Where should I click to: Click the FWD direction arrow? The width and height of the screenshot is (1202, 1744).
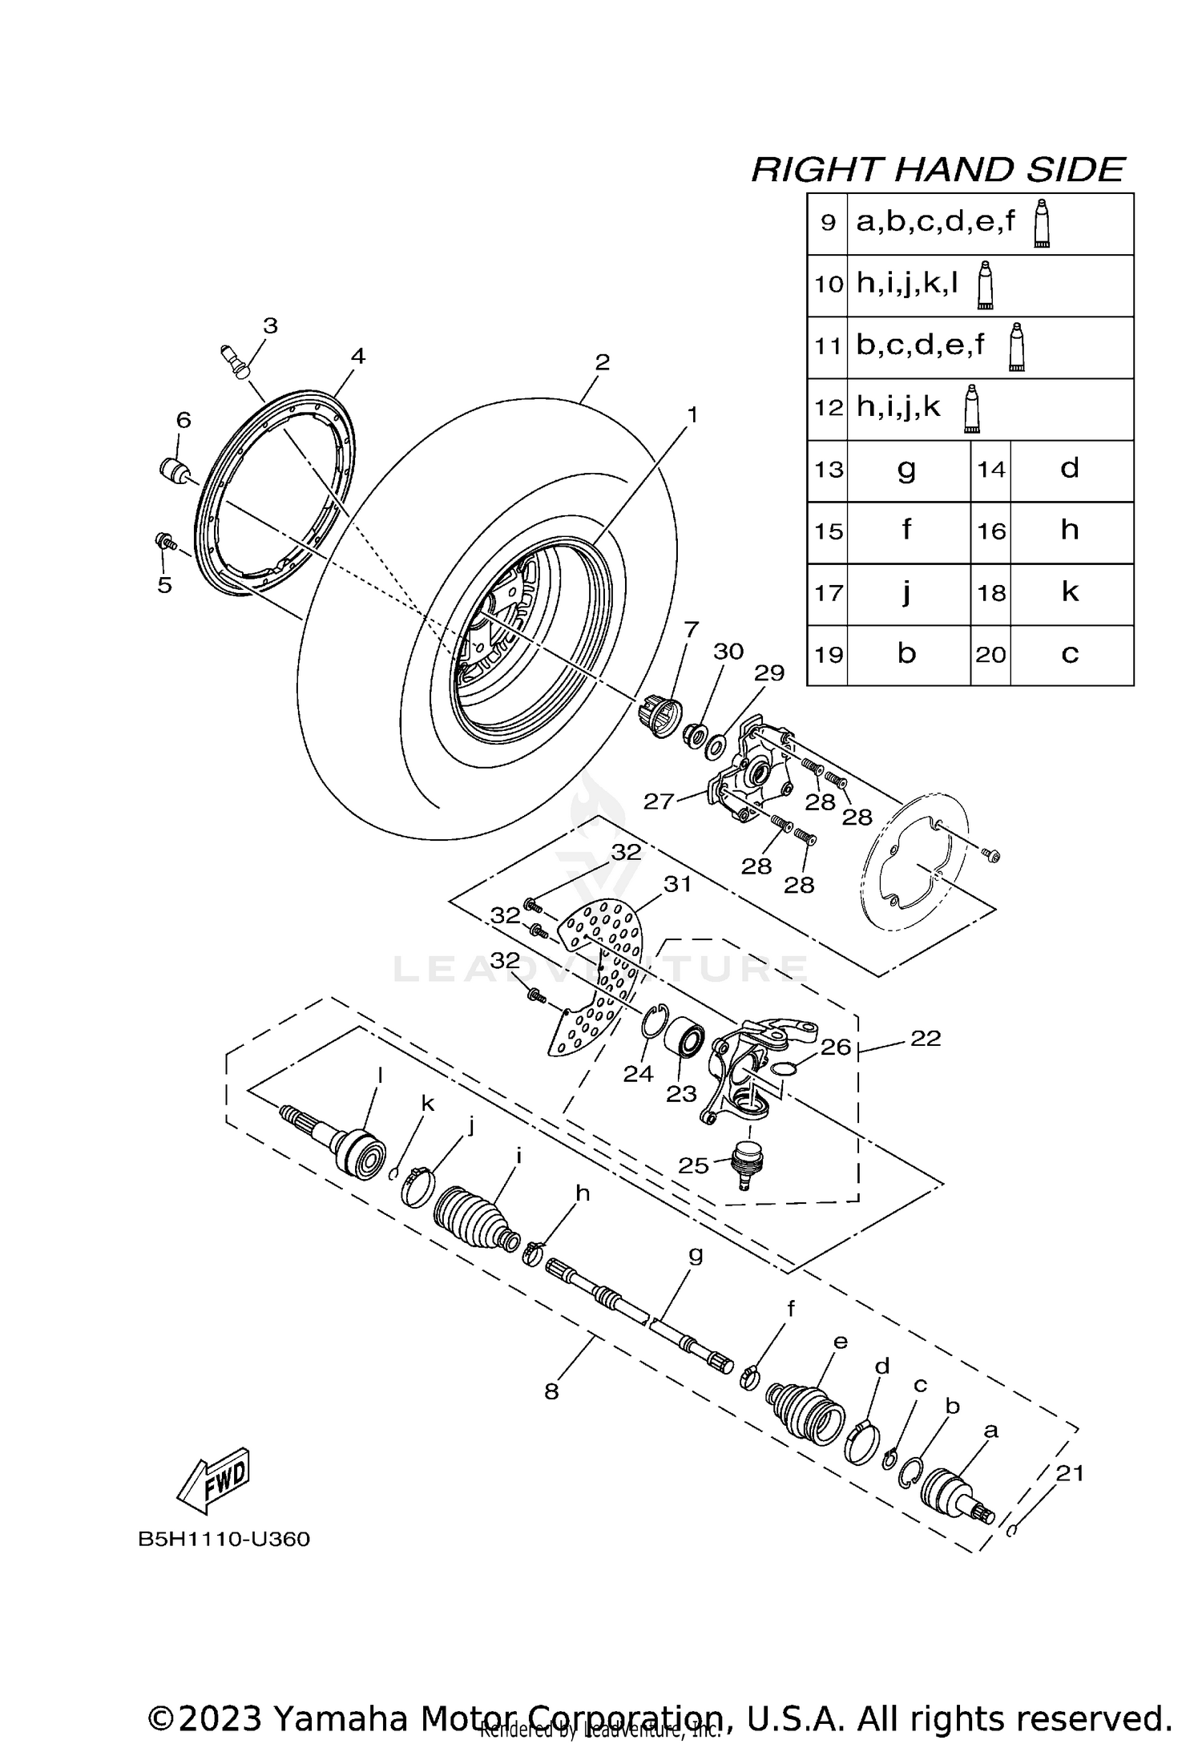coord(215,1476)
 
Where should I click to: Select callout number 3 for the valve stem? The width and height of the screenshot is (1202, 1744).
coord(270,325)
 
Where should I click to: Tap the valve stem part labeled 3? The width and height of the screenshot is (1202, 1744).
coord(235,361)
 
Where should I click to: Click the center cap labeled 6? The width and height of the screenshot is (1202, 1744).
coord(174,470)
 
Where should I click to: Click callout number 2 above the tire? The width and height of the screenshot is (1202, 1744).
coord(602,362)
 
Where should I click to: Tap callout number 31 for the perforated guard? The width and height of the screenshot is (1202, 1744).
coord(677,884)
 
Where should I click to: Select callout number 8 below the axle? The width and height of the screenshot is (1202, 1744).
coord(551,1392)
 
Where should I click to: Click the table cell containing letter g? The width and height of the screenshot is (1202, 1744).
coord(907,470)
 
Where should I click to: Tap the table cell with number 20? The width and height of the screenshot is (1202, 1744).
coord(990,655)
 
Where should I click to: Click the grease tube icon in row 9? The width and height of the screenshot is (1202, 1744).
coord(1041,224)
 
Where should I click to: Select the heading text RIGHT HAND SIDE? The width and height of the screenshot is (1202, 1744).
coord(938,170)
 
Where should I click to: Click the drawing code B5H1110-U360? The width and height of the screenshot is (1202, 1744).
coord(224,1540)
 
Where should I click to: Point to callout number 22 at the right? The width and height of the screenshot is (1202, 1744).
coord(926,1038)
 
